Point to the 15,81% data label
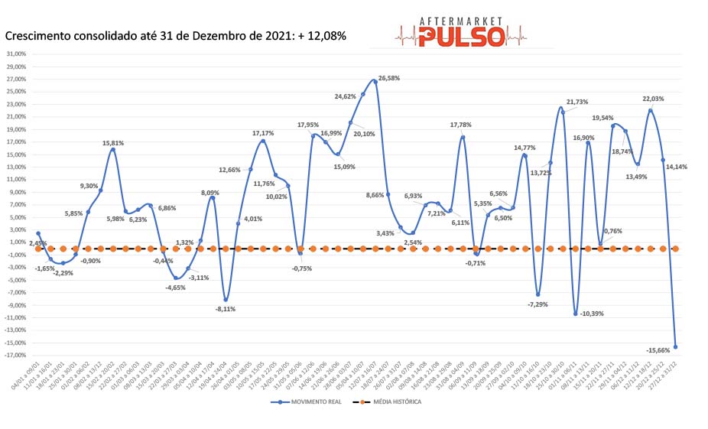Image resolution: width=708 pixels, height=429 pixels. [x=113, y=143]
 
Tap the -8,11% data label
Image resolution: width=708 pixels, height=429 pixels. [x=226, y=309]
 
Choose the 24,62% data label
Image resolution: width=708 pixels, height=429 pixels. [x=346, y=96]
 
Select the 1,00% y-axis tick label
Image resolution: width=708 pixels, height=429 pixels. [x=16, y=242]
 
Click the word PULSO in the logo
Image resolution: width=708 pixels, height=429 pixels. [x=461, y=34]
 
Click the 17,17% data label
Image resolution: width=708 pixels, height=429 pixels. [x=263, y=134]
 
